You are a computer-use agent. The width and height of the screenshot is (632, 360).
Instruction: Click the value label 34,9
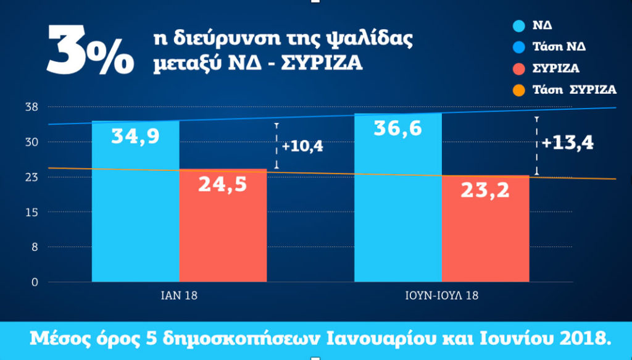[135, 135]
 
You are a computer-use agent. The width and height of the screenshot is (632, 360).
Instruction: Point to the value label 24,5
[222, 183]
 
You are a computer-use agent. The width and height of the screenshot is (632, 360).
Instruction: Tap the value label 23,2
[485, 190]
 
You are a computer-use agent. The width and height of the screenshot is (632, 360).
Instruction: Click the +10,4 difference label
[302, 147]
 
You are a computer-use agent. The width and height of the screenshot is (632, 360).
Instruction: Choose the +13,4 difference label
[567, 143]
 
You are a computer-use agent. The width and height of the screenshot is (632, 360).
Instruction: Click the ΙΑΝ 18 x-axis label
[179, 296]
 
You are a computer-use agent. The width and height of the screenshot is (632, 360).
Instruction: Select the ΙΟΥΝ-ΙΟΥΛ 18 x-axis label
[441, 296]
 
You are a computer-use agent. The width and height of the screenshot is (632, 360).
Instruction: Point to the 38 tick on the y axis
[31, 107]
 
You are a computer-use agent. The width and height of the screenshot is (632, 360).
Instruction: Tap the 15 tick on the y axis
[31, 212]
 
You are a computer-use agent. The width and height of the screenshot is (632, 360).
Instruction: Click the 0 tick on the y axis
[35, 282]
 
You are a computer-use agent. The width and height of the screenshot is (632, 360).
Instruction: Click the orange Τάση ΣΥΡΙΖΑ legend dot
[518, 90]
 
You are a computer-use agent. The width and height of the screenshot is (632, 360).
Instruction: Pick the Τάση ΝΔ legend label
[559, 47]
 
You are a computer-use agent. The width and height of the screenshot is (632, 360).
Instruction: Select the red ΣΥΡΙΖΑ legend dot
[518, 68]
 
